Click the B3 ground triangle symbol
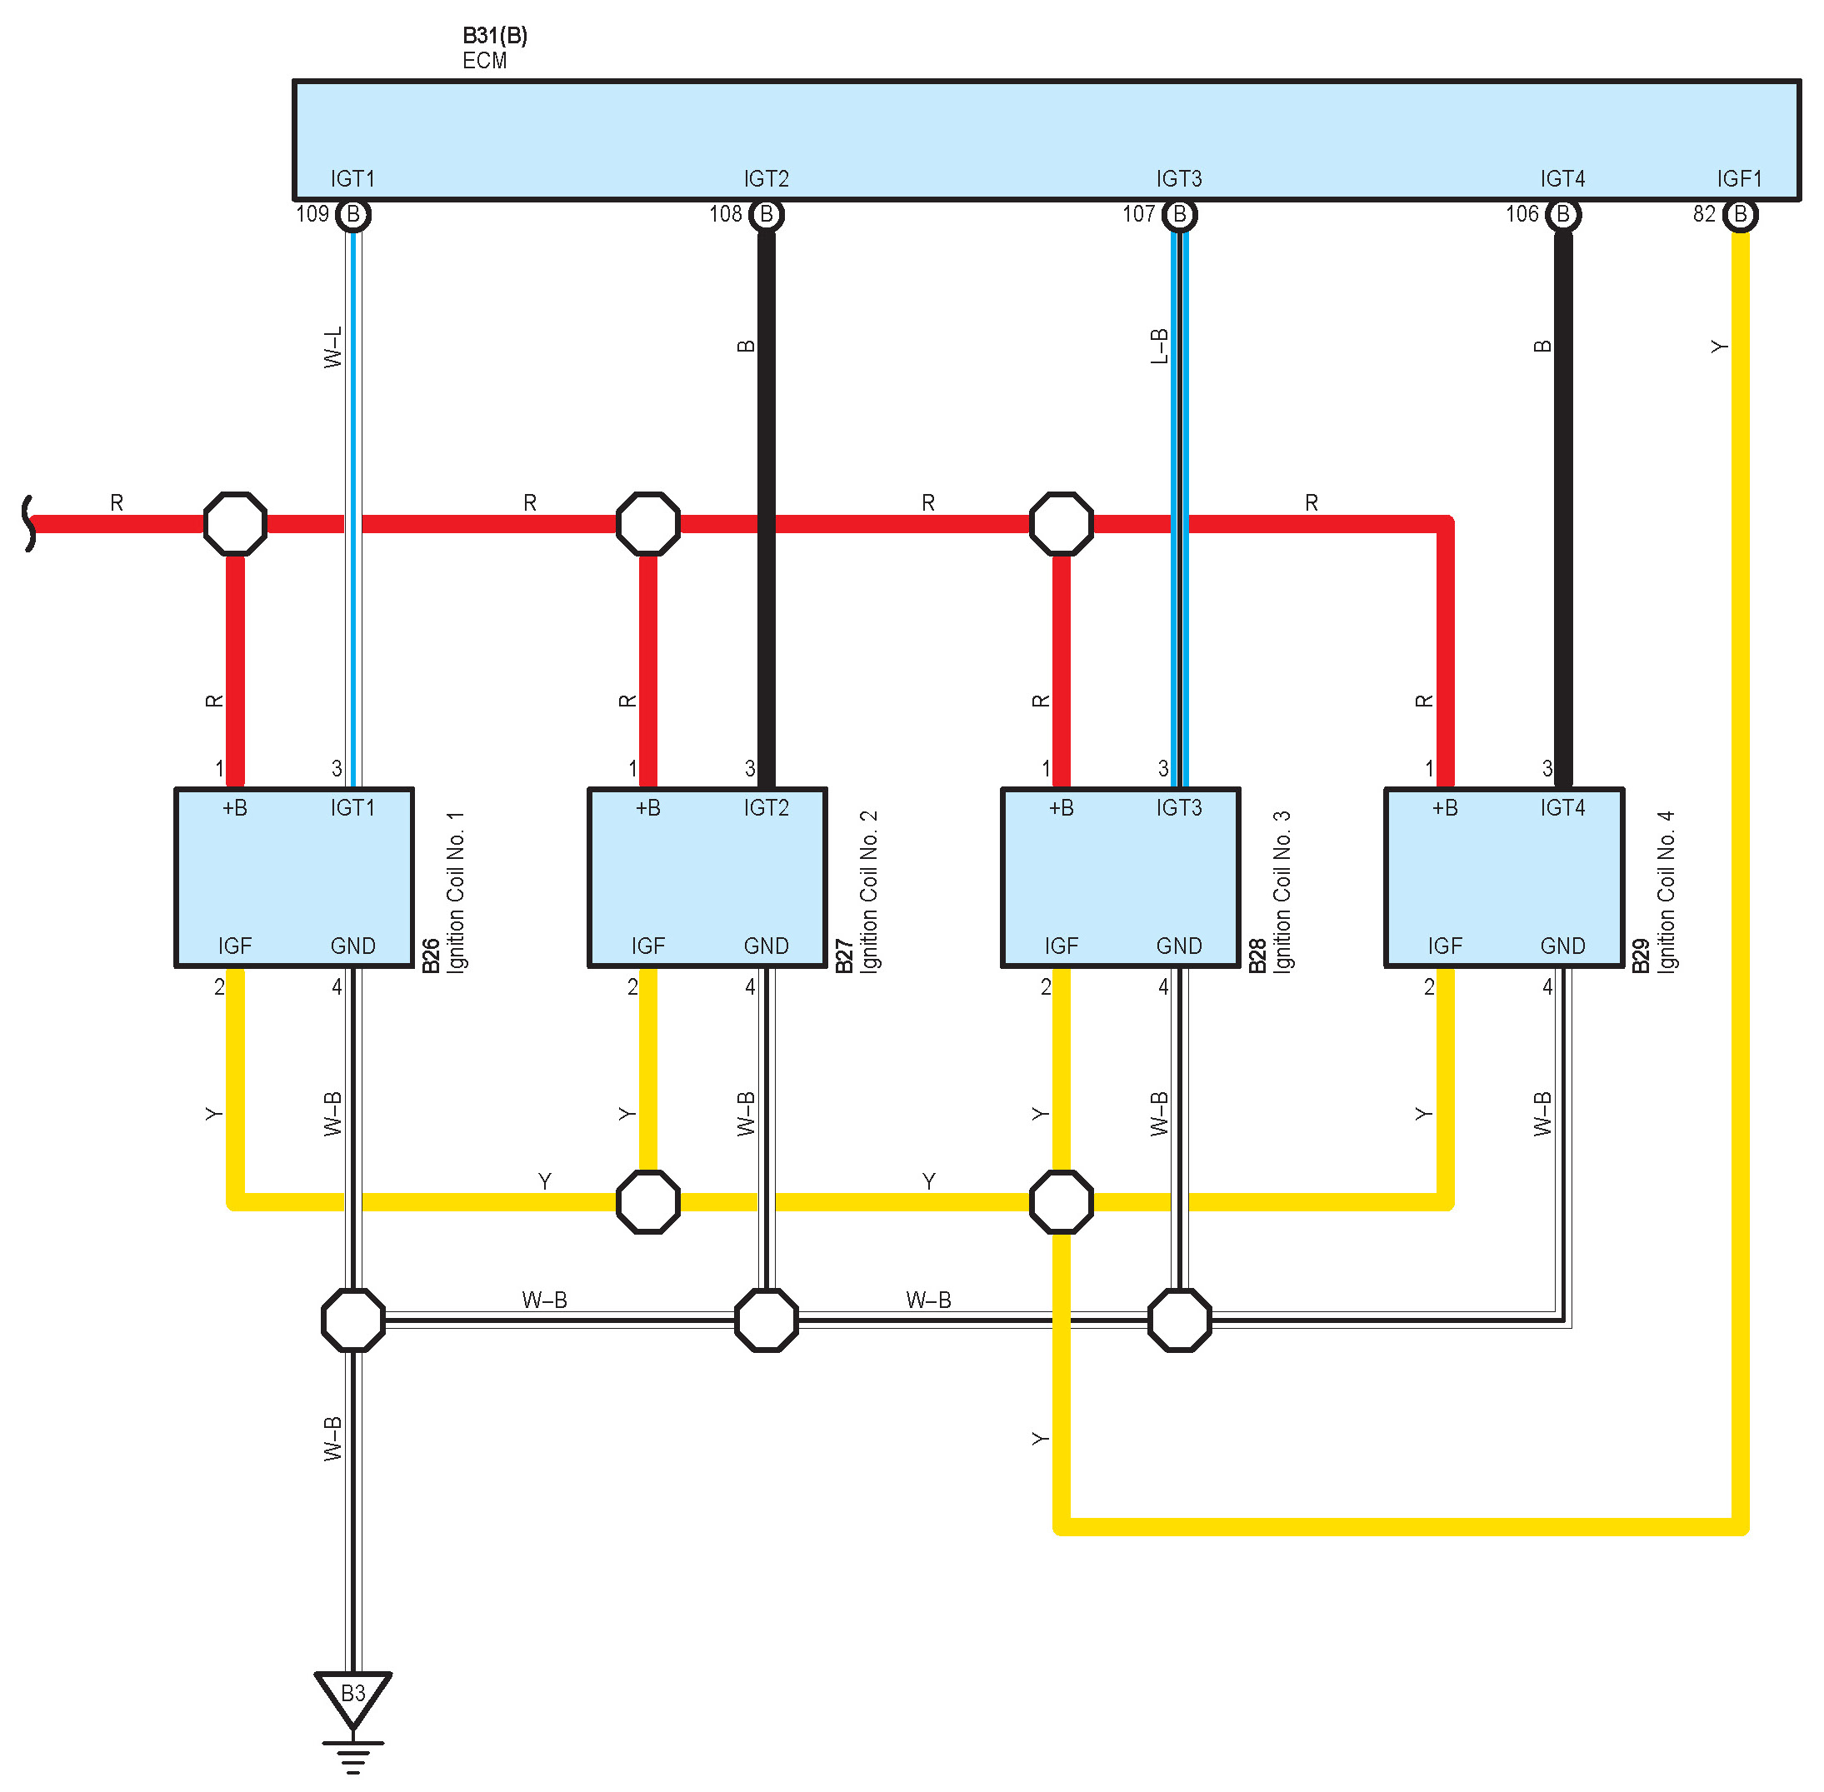[x=353, y=1696]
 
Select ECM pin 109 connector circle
[x=353, y=215]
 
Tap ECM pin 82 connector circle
[x=1740, y=215]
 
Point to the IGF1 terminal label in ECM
[x=1738, y=179]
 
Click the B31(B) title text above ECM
[x=495, y=36]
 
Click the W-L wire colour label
[x=333, y=347]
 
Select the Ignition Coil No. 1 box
[x=293, y=877]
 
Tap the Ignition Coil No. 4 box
[x=1504, y=877]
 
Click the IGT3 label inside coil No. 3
[x=1179, y=807]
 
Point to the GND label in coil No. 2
[x=766, y=946]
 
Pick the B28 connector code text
[x=1257, y=956]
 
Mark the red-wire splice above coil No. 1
[x=235, y=523]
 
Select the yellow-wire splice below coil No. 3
[x=1062, y=1202]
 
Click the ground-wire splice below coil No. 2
[x=766, y=1320]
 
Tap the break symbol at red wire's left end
[x=29, y=523]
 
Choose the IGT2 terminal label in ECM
[x=766, y=179]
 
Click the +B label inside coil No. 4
[x=1445, y=807]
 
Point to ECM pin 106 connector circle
[x=1562, y=215]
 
